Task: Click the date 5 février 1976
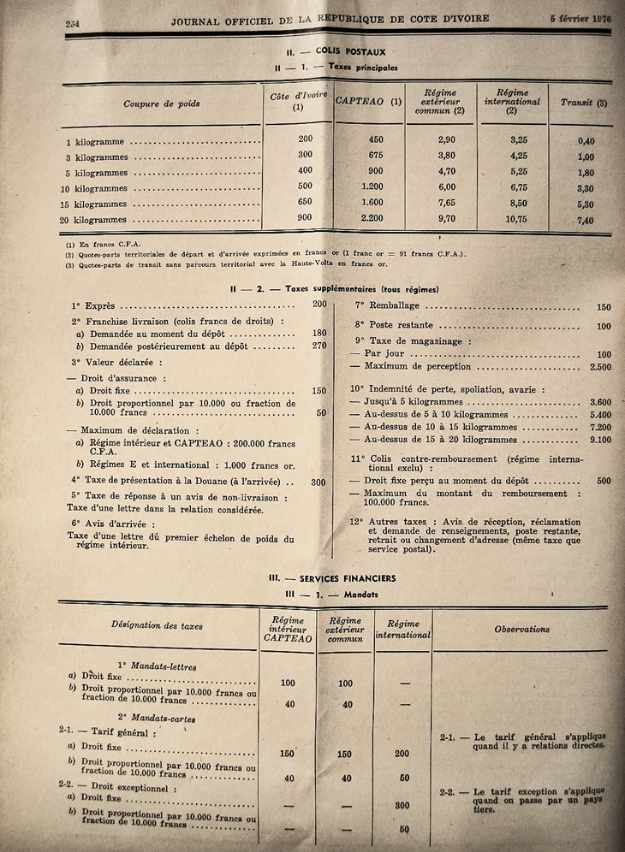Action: pyautogui.click(x=581, y=19)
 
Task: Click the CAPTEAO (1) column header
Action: pyautogui.click(x=369, y=102)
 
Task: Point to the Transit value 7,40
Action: pyautogui.click(x=586, y=221)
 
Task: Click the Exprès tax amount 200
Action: pyautogui.click(x=319, y=304)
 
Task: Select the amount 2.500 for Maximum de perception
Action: pyautogui.click(x=598, y=366)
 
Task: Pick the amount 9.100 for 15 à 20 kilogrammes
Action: pyautogui.click(x=600, y=440)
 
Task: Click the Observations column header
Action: pyautogui.click(x=521, y=629)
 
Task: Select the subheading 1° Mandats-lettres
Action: pyautogui.click(x=157, y=666)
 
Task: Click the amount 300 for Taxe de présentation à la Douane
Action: pyautogui.click(x=318, y=482)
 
